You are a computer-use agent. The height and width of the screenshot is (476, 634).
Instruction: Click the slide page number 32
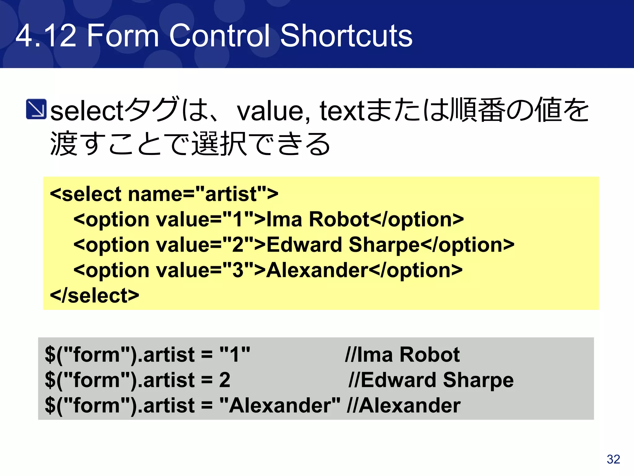[613, 459]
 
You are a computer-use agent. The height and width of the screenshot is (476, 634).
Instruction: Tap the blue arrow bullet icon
[36, 109]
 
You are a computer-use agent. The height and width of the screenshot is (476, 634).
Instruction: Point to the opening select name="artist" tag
[164, 194]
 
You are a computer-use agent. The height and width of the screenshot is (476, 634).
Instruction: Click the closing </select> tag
[94, 295]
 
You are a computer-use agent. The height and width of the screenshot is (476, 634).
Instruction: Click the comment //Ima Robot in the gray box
[402, 355]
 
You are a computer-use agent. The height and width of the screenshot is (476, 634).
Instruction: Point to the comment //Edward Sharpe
[431, 380]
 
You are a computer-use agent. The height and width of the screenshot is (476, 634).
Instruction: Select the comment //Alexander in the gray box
[404, 405]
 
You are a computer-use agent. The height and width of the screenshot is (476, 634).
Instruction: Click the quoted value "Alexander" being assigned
[280, 405]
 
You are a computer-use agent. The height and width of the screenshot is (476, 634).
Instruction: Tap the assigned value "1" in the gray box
[235, 355]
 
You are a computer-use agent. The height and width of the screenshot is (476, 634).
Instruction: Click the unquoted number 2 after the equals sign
[225, 380]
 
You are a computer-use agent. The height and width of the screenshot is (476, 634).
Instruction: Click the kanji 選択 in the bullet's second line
[219, 144]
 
